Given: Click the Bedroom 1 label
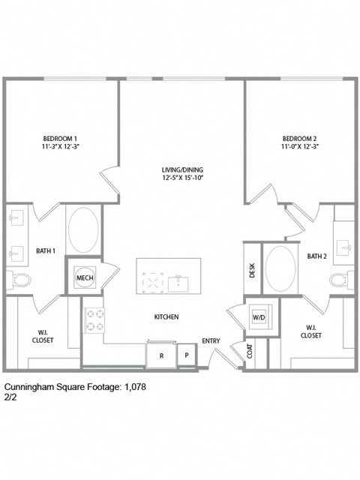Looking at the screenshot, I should point(61,139).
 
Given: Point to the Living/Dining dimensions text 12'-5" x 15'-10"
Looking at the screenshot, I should point(182,178).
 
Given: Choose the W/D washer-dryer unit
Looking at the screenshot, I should point(259,316).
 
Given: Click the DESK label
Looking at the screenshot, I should point(253,271).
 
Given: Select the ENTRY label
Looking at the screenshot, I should point(211,341).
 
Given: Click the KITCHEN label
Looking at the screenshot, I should point(166,317).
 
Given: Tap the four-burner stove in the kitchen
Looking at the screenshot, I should point(94,320).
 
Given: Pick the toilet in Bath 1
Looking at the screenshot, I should point(20,280).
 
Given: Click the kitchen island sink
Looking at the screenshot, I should point(179,282).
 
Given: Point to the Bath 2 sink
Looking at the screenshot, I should point(344,245).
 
